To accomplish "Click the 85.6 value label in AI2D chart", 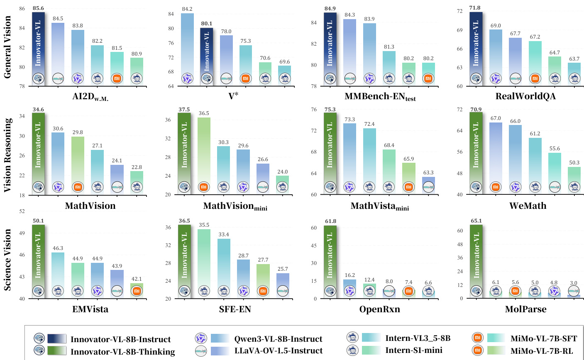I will pyautogui.click(x=38, y=8).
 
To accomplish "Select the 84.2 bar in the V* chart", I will pyautogui.click(x=187, y=46).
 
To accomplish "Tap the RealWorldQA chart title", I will pyautogui.click(x=525, y=96).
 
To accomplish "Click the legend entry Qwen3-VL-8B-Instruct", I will pyautogui.click(x=278, y=339).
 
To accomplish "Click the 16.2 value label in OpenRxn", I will pyautogui.click(x=349, y=275).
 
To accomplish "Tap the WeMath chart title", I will pyautogui.click(x=528, y=206).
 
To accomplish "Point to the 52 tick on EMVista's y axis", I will pyautogui.click(x=22, y=211).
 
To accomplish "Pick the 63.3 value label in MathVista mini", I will pyautogui.click(x=428, y=172).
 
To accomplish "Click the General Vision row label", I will pyautogui.click(x=7, y=47).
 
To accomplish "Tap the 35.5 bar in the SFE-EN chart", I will pyautogui.click(x=203, y=260).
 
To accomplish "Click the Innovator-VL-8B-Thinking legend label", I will pyautogui.click(x=122, y=352).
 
